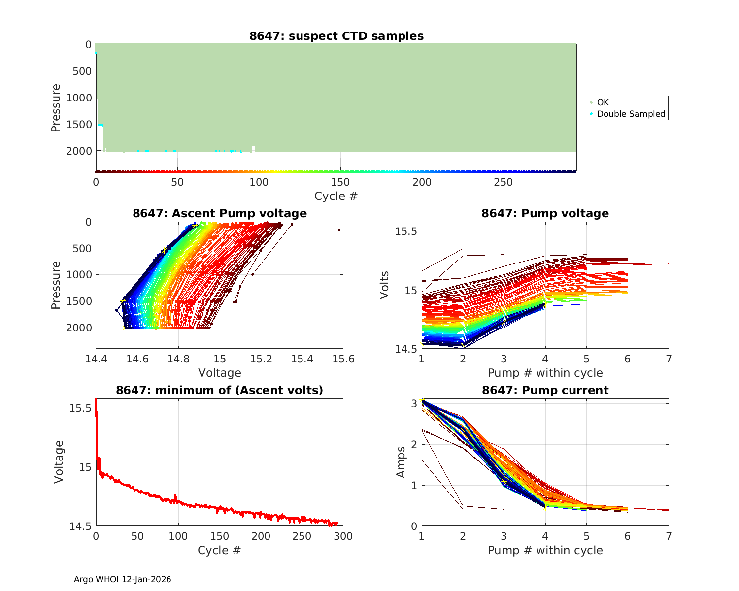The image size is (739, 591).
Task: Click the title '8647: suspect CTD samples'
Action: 336,36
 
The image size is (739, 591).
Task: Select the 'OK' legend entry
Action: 603,102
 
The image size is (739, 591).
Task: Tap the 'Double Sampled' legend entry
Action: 631,114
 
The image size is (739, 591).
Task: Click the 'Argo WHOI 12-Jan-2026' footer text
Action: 122,579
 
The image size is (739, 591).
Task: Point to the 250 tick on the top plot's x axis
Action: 503,182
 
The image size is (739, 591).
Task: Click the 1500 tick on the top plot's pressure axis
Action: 79,125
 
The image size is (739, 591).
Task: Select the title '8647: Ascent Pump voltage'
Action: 219,213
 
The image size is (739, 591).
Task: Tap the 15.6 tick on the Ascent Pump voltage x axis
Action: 343,359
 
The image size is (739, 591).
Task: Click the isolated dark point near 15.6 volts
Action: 339,230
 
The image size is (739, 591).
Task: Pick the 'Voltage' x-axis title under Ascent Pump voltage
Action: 219,373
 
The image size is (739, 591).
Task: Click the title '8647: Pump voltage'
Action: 545,213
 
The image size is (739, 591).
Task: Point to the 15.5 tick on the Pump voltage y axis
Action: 406,231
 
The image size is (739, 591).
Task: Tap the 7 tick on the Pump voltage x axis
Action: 668,359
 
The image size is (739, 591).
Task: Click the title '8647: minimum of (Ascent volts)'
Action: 219,390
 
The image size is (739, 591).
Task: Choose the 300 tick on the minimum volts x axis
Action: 343,536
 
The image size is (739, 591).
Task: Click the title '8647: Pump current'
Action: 545,390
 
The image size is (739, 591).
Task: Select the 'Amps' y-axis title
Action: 401,462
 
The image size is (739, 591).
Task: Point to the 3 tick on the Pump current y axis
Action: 412,403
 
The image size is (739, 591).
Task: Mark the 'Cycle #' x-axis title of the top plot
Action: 336,196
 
